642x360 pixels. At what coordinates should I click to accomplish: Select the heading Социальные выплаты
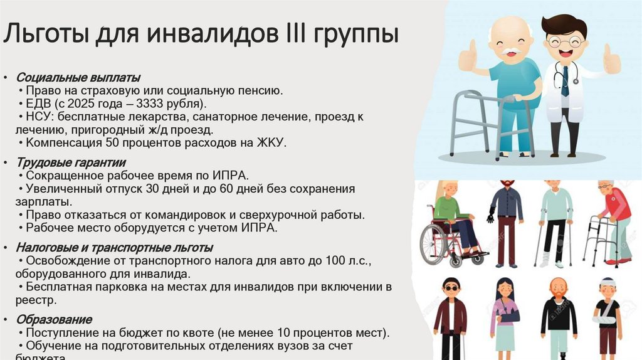pyautogui.click(x=78, y=78)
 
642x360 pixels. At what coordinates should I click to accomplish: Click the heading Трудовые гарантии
pyautogui.click(x=71, y=162)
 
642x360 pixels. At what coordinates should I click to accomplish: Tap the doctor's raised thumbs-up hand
pyautogui.click(x=611, y=60)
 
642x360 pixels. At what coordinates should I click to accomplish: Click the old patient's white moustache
pyautogui.click(x=513, y=50)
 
